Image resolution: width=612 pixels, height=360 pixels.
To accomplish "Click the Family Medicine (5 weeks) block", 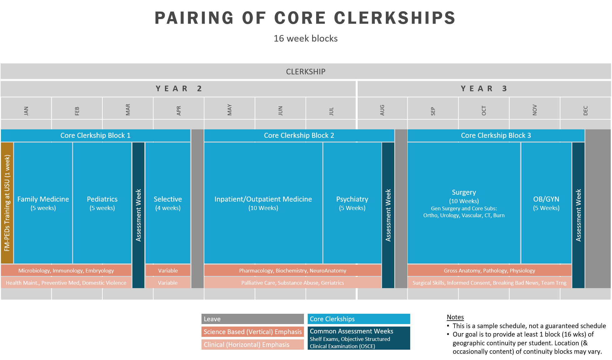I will [x=43, y=203].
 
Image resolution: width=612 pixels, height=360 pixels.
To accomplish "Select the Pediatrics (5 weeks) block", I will [x=102, y=203].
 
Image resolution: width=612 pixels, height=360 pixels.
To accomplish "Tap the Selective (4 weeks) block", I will [x=168, y=203].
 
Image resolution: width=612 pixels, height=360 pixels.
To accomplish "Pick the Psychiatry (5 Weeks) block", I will [x=352, y=203].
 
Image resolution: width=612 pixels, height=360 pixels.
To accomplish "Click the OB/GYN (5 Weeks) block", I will [x=546, y=203].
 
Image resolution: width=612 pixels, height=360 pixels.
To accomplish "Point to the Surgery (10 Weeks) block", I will [x=464, y=203].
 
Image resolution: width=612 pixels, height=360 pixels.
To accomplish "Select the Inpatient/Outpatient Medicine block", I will [x=263, y=203].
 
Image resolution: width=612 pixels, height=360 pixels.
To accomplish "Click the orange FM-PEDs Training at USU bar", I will [x=7, y=203].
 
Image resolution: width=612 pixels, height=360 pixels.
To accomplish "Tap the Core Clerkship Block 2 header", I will [x=299, y=135].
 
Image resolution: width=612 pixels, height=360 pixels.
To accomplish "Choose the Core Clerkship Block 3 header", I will [x=496, y=135].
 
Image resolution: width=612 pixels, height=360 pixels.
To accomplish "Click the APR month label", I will [x=179, y=111].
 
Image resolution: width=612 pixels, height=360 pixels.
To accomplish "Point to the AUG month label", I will [x=382, y=110].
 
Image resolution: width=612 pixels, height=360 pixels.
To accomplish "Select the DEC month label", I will [x=585, y=111].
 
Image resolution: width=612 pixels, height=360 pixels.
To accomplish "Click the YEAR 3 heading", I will [x=484, y=89].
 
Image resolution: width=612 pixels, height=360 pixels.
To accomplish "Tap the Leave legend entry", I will [x=252, y=319].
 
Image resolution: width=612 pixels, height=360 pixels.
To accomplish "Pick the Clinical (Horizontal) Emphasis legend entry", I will [x=252, y=345].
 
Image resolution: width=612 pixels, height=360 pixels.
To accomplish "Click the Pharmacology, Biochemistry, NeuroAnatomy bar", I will [x=292, y=271].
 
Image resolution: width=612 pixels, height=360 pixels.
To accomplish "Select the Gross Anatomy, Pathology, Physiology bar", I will [x=489, y=271].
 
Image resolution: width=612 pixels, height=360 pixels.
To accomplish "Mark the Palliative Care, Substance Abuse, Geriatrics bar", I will [x=292, y=283].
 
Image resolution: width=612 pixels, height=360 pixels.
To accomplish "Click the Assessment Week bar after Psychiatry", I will [x=388, y=215].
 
